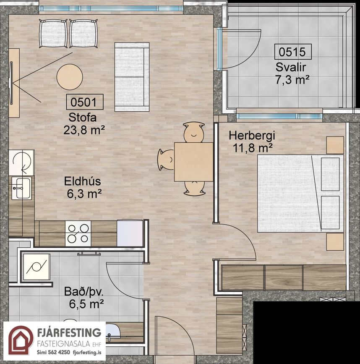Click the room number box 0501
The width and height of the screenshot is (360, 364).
tap(85, 102)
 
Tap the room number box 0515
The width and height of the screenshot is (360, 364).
tap(292, 52)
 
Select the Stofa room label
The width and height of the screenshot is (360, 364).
tap(82, 118)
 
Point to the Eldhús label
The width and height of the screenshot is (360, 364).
tap(83, 181)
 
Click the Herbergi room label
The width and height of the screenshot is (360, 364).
tap(252, 136)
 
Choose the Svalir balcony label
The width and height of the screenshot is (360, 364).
tap(291, 67)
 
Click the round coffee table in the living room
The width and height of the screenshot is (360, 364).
tap(70, 77)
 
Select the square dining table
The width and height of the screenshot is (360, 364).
tap(194, 162)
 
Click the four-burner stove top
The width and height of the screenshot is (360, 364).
tap(78, 233)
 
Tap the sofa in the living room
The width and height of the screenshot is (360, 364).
tap(132, 77)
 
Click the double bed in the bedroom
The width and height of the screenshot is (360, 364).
tap(300, 194)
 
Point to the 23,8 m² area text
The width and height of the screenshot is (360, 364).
tap(84, 130)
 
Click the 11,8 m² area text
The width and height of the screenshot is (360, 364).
tap(252, 148)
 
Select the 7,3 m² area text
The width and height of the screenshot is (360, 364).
tap(292, 80)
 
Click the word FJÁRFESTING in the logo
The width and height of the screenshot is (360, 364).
tap(69, 333)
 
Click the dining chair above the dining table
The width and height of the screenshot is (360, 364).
tap(194, 132)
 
